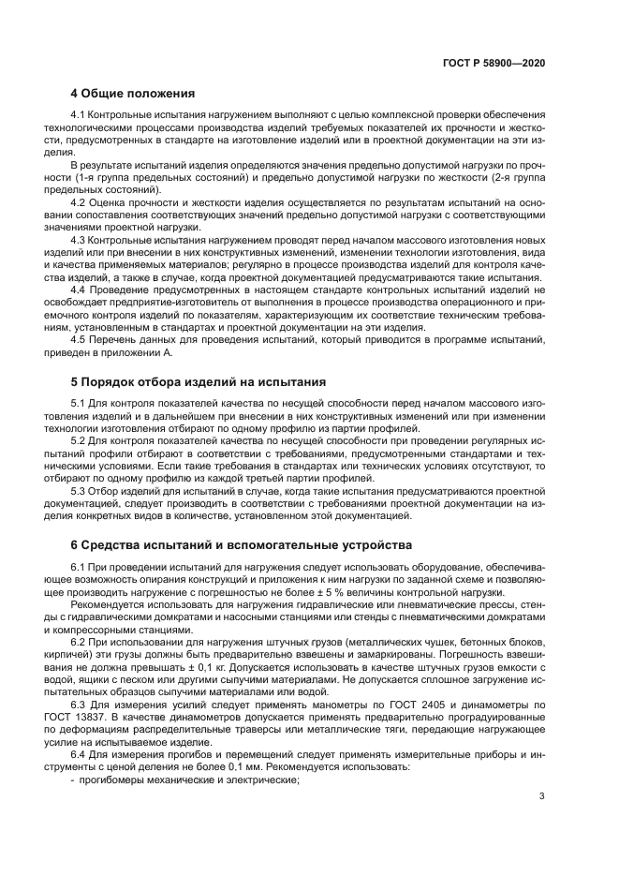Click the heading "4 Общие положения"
point(133,94)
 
